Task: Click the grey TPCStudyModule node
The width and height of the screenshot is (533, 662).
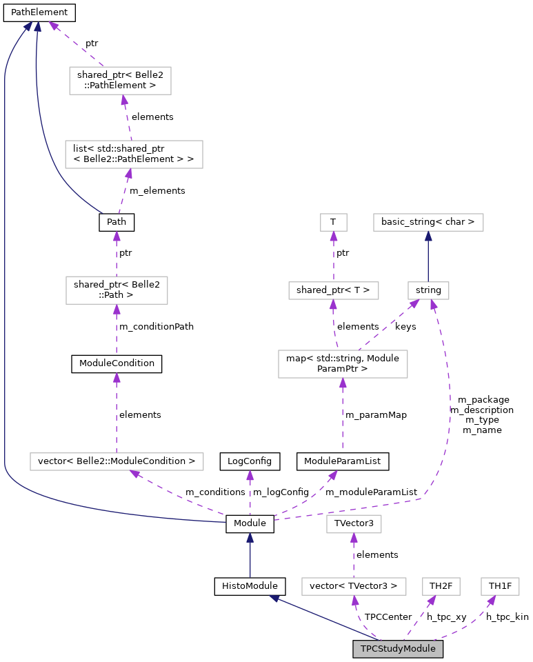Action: click(398, 649)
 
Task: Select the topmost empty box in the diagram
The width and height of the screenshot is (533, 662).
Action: click(120, 81)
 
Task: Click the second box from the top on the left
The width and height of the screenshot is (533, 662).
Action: click(134, 154)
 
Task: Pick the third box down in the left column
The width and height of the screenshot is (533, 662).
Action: click(117, 290)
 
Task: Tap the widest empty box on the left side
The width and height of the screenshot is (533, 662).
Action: click(117, 461)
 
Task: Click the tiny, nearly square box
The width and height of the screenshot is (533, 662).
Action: click(334, 222)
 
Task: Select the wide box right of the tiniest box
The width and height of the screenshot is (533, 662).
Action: click(428, 222)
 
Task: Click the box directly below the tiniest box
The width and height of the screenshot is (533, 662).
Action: click(334, 290)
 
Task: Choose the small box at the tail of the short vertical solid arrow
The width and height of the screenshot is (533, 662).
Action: click(428, 290)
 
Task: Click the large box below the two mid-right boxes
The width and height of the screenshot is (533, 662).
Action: click(343, 364)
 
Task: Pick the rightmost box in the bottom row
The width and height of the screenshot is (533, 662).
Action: click(500, 586)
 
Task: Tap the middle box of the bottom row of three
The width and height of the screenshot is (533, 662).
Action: click(441, 586)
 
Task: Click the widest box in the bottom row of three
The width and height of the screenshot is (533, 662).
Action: click(354, 586)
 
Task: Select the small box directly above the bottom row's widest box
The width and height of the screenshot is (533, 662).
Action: click(354, 524)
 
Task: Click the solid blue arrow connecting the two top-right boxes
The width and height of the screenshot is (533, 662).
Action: click(428, 257)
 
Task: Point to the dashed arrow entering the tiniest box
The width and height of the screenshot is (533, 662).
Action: click(334, 257)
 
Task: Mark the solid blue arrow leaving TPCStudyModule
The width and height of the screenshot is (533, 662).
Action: click(324, 618)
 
